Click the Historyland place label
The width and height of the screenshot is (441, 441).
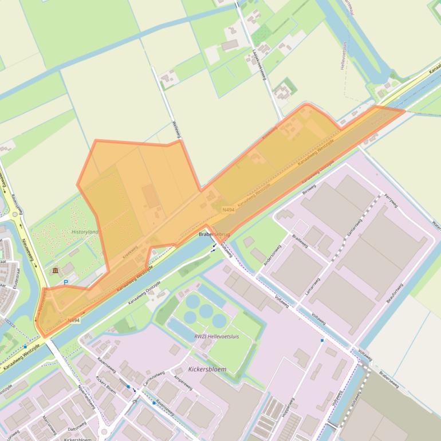(84, 231)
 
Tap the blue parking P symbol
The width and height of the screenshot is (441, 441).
(65, 282)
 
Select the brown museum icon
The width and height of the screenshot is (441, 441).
(55, 270)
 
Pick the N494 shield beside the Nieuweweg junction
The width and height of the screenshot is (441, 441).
(73, 321)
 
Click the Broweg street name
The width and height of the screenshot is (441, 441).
(309, 191)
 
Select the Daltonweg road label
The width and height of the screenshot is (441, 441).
(76, 425)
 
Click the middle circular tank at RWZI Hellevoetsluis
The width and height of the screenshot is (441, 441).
(205, 311)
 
